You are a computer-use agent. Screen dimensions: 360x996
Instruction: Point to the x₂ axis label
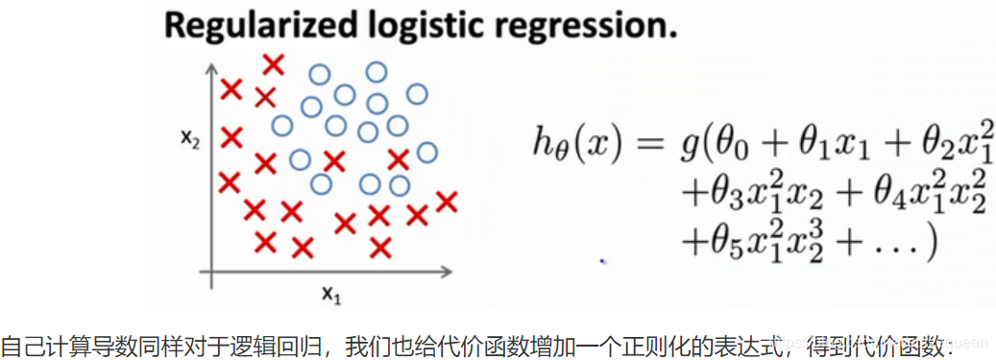click(x=190, y=140)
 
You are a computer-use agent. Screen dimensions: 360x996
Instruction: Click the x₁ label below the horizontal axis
click(x=331, y=297)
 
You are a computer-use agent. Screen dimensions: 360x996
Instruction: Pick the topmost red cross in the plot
click(x=274, y=64)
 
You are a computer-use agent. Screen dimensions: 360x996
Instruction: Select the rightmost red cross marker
click(x=446, y=202)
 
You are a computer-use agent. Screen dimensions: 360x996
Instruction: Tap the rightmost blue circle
click(x=427, y=152)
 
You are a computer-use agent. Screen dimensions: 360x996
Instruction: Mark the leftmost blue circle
click(x=281, y=125)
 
